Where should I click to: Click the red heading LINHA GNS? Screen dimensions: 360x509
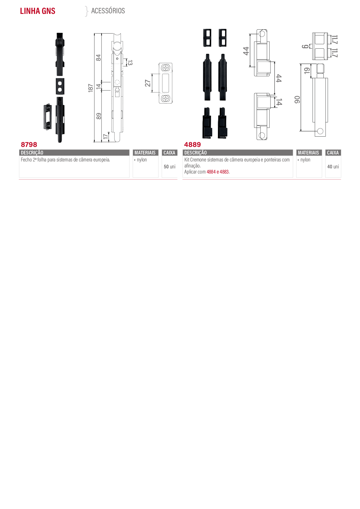(x=37, y=11)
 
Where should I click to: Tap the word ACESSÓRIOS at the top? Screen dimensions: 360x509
(x=108, y=11)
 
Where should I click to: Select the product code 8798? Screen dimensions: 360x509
(x=29, y=144)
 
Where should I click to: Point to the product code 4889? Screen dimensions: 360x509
(x=192, y=144)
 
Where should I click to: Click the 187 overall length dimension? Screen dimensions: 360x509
(x=90, y=88)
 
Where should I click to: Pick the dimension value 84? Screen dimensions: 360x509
(x=98, y=58)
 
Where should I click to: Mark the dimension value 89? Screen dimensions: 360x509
(x=99, y=116)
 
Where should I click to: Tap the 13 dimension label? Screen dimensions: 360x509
(x=130, y=63)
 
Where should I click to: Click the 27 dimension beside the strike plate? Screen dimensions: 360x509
(x=148, y=83)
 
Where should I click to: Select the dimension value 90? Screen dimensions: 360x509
(x=297, y=99)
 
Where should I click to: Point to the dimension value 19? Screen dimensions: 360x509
(x=307, y=71)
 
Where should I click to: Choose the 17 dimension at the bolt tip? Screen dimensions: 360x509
(x=105, y=137)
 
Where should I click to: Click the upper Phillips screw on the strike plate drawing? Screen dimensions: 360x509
(x=165, y=68)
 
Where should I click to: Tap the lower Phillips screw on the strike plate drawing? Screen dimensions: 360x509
(x=165, y=99)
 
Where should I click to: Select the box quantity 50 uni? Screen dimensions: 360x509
(x=170, y=167)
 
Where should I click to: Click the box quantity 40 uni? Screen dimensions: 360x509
(x=333, y=167)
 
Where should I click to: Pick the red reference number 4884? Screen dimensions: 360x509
(x=211, y=172)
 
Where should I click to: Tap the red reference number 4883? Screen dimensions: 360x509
(x=224, y=172)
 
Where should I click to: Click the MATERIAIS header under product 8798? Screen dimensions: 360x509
(x=145, y=153)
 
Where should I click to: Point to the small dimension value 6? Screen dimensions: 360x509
(x=305, y=47)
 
